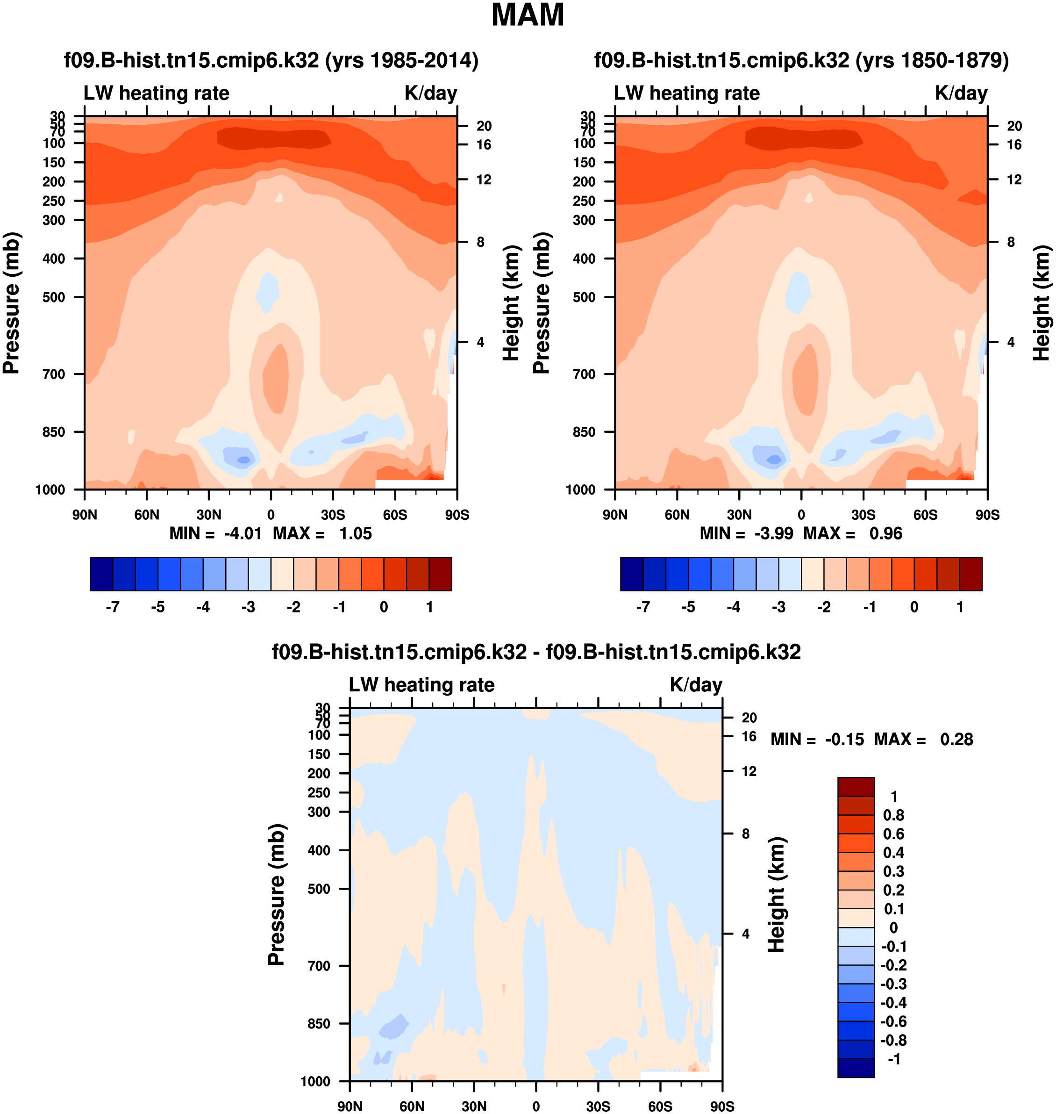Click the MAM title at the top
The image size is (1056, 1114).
pyautogui.click(x=528, y=15)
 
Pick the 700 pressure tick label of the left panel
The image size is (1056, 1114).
pyautogui.click(x=54, y=374)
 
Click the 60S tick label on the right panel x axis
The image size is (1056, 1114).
pyautogui.click(x=926, y=515)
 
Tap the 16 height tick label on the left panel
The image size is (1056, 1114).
pyautogui.click(x=484, y=145)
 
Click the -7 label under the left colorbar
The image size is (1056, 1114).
pyautogui.click(x=113, y=607)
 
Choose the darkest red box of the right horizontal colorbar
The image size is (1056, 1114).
pyautogui.click(x=970, y=574)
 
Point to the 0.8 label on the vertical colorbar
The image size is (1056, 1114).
pyautogui.click(x=893, y=815)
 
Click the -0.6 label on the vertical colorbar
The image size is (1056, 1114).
pyautogui.click(x=893, y=1021)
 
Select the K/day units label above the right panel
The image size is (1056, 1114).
pyautogui.click(x=961, y=93)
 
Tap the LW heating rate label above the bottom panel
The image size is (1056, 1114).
pyautogui.click(x=421, y=685)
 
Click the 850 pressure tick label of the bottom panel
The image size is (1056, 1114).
pyautogui.click(x=319, y=1023)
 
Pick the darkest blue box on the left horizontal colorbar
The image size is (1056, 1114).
pyautogui.click(x=101, y=574)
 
